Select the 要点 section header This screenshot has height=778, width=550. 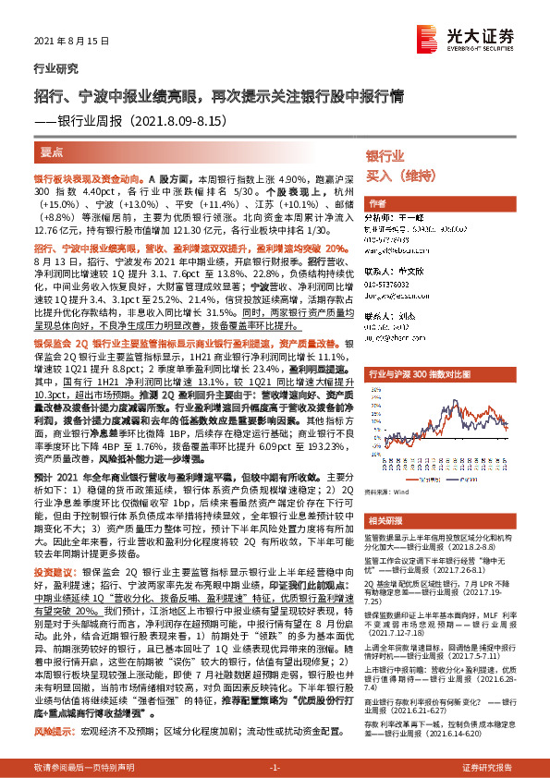pos(52,152)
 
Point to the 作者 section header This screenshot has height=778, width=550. pos(377,203)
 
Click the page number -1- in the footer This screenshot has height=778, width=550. pos(275,768)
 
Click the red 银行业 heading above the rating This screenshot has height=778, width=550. pos(385,156)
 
